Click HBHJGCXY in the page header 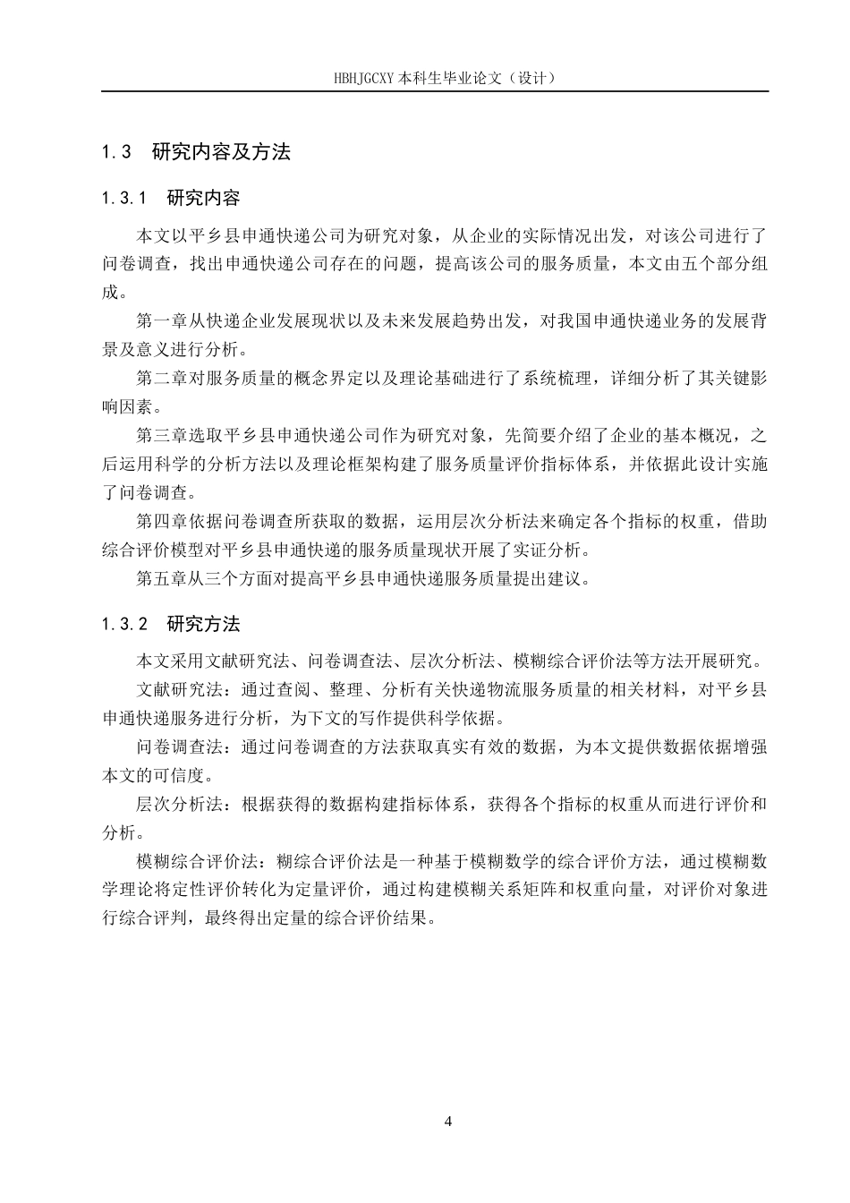[363, 77]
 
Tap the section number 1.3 [117, 152]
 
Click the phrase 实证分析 [533, 550]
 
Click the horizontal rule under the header [435, 91]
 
